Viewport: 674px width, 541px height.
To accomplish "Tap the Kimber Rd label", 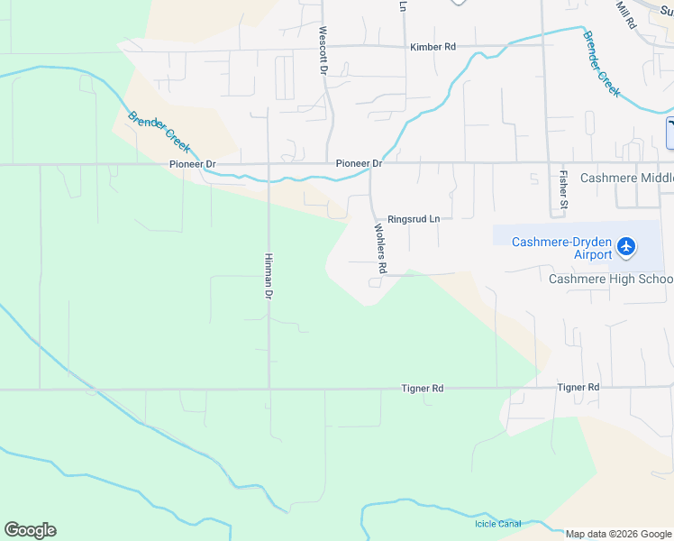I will (x=433, y=47).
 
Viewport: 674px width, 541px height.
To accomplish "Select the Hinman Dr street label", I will (x=269, y=275).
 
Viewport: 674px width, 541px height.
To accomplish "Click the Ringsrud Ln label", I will (x=414, y=219).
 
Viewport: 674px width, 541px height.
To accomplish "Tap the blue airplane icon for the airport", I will (x=628, y=246).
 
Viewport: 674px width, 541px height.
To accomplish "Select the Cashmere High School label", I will (x=611, y=279).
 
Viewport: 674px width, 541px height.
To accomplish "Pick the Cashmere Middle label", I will (x=626, y=178).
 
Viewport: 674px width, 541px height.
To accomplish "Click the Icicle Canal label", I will (x=497, y=524).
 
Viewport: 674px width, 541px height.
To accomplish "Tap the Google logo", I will (x=30, y=530).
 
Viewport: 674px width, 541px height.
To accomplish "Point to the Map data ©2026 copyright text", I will (x=617, y=534).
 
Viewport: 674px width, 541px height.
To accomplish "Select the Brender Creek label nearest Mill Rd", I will (x=601, y=64).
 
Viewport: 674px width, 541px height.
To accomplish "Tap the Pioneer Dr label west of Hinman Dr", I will (x=193, y=164).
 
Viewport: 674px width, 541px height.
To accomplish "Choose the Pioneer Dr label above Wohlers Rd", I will (x=359, y=163).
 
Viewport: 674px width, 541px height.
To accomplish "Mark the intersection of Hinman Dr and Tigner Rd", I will (x=269, y=390).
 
